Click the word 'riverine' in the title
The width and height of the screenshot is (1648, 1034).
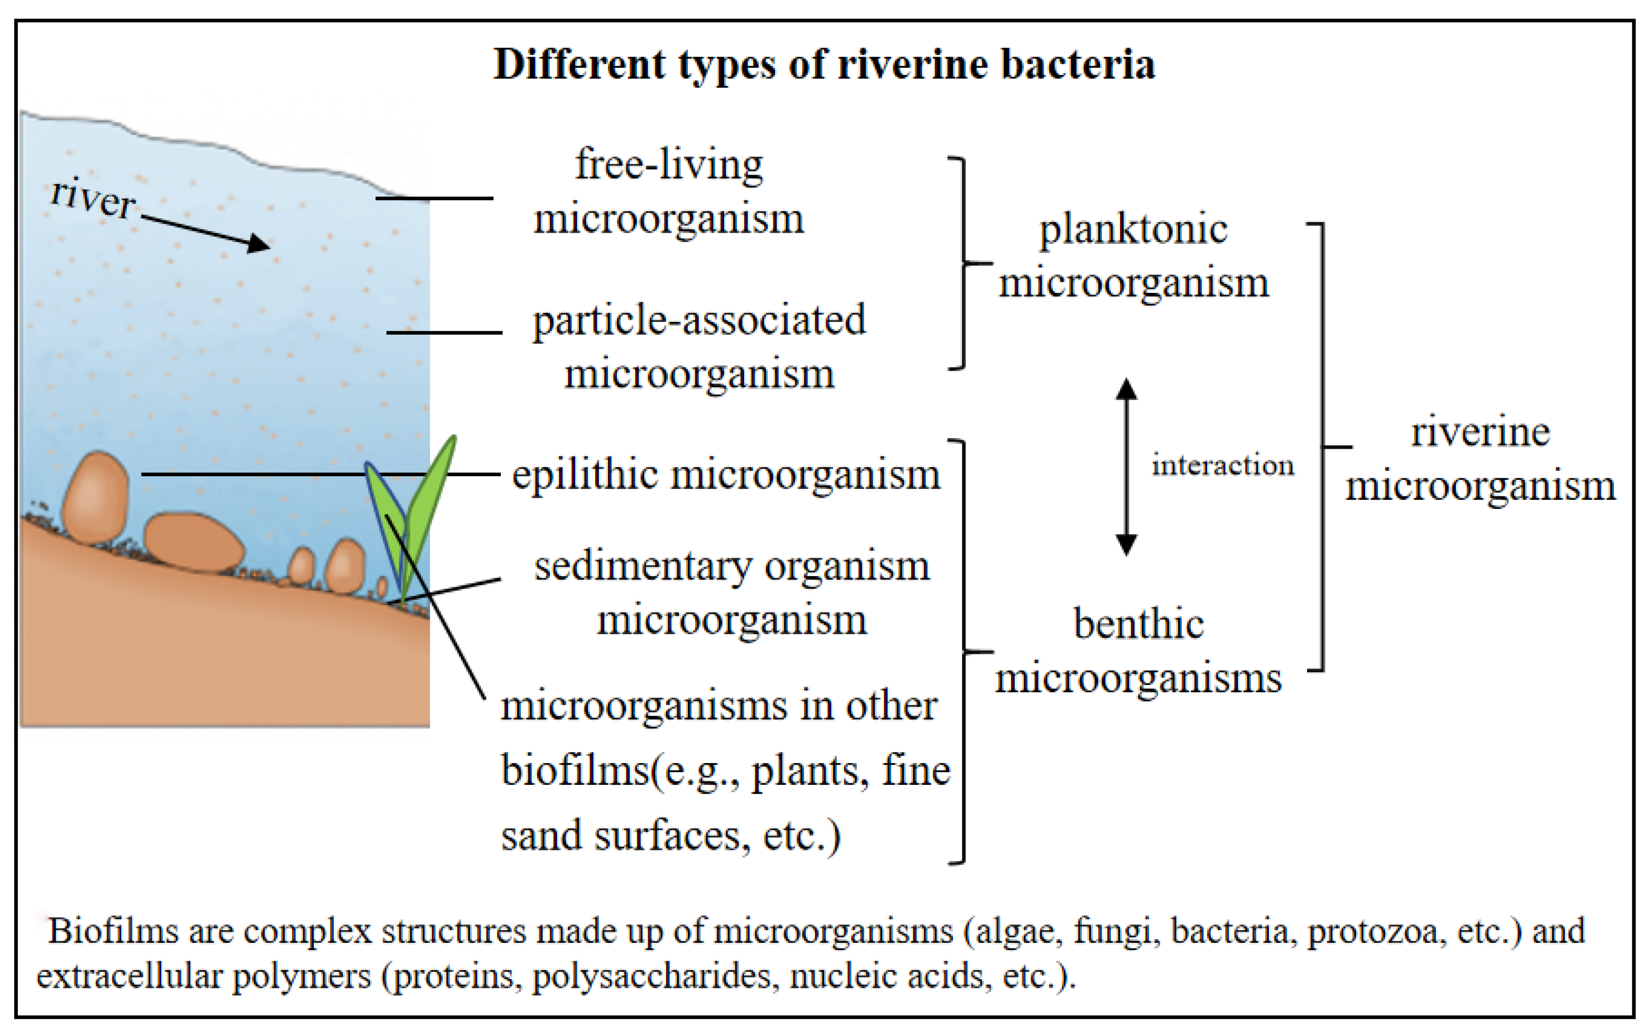[x=913, y=65]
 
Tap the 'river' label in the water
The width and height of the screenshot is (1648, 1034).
[x=93, y=198]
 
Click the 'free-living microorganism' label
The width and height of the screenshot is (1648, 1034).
[x=669, y=192]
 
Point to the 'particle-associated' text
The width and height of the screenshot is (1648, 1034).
[x=699, y=320]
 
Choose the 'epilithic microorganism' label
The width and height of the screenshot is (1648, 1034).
[x=726, y=474]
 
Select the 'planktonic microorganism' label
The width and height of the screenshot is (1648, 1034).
[x=1133, y=256]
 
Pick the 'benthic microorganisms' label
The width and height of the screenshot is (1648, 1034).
[x=1138, y=651]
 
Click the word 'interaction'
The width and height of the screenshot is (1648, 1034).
[x=1222, y=466]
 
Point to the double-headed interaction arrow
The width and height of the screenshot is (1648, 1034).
[x=1126, y=467]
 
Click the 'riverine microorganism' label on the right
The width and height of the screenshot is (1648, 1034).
[x=1480, y=459]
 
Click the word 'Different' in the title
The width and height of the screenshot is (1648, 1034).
[x=579, y=65]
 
